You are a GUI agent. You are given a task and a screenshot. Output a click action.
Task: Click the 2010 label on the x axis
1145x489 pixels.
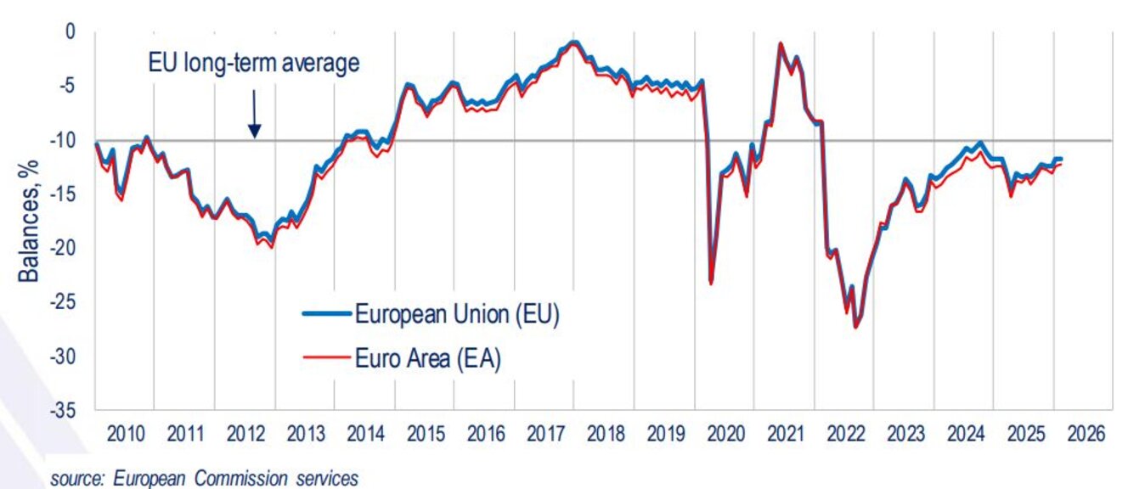point(126,433)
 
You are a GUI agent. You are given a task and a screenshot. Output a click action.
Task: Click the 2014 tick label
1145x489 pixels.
point(365,433)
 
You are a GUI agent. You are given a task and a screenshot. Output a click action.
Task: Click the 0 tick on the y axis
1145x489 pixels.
point(71,31)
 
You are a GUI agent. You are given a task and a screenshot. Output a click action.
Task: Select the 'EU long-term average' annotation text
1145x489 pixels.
point(254,65)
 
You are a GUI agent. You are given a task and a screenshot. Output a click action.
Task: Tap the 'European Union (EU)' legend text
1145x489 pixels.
point(456,315)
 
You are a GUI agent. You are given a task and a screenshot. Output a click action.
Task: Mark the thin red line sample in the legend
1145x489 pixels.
point(327,358)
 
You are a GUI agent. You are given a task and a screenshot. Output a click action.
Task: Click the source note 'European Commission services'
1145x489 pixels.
point(204,479)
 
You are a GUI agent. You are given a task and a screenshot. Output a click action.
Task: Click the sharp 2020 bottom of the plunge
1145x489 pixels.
point(710,283)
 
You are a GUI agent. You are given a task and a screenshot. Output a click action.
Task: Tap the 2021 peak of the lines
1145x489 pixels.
point(780,44)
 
